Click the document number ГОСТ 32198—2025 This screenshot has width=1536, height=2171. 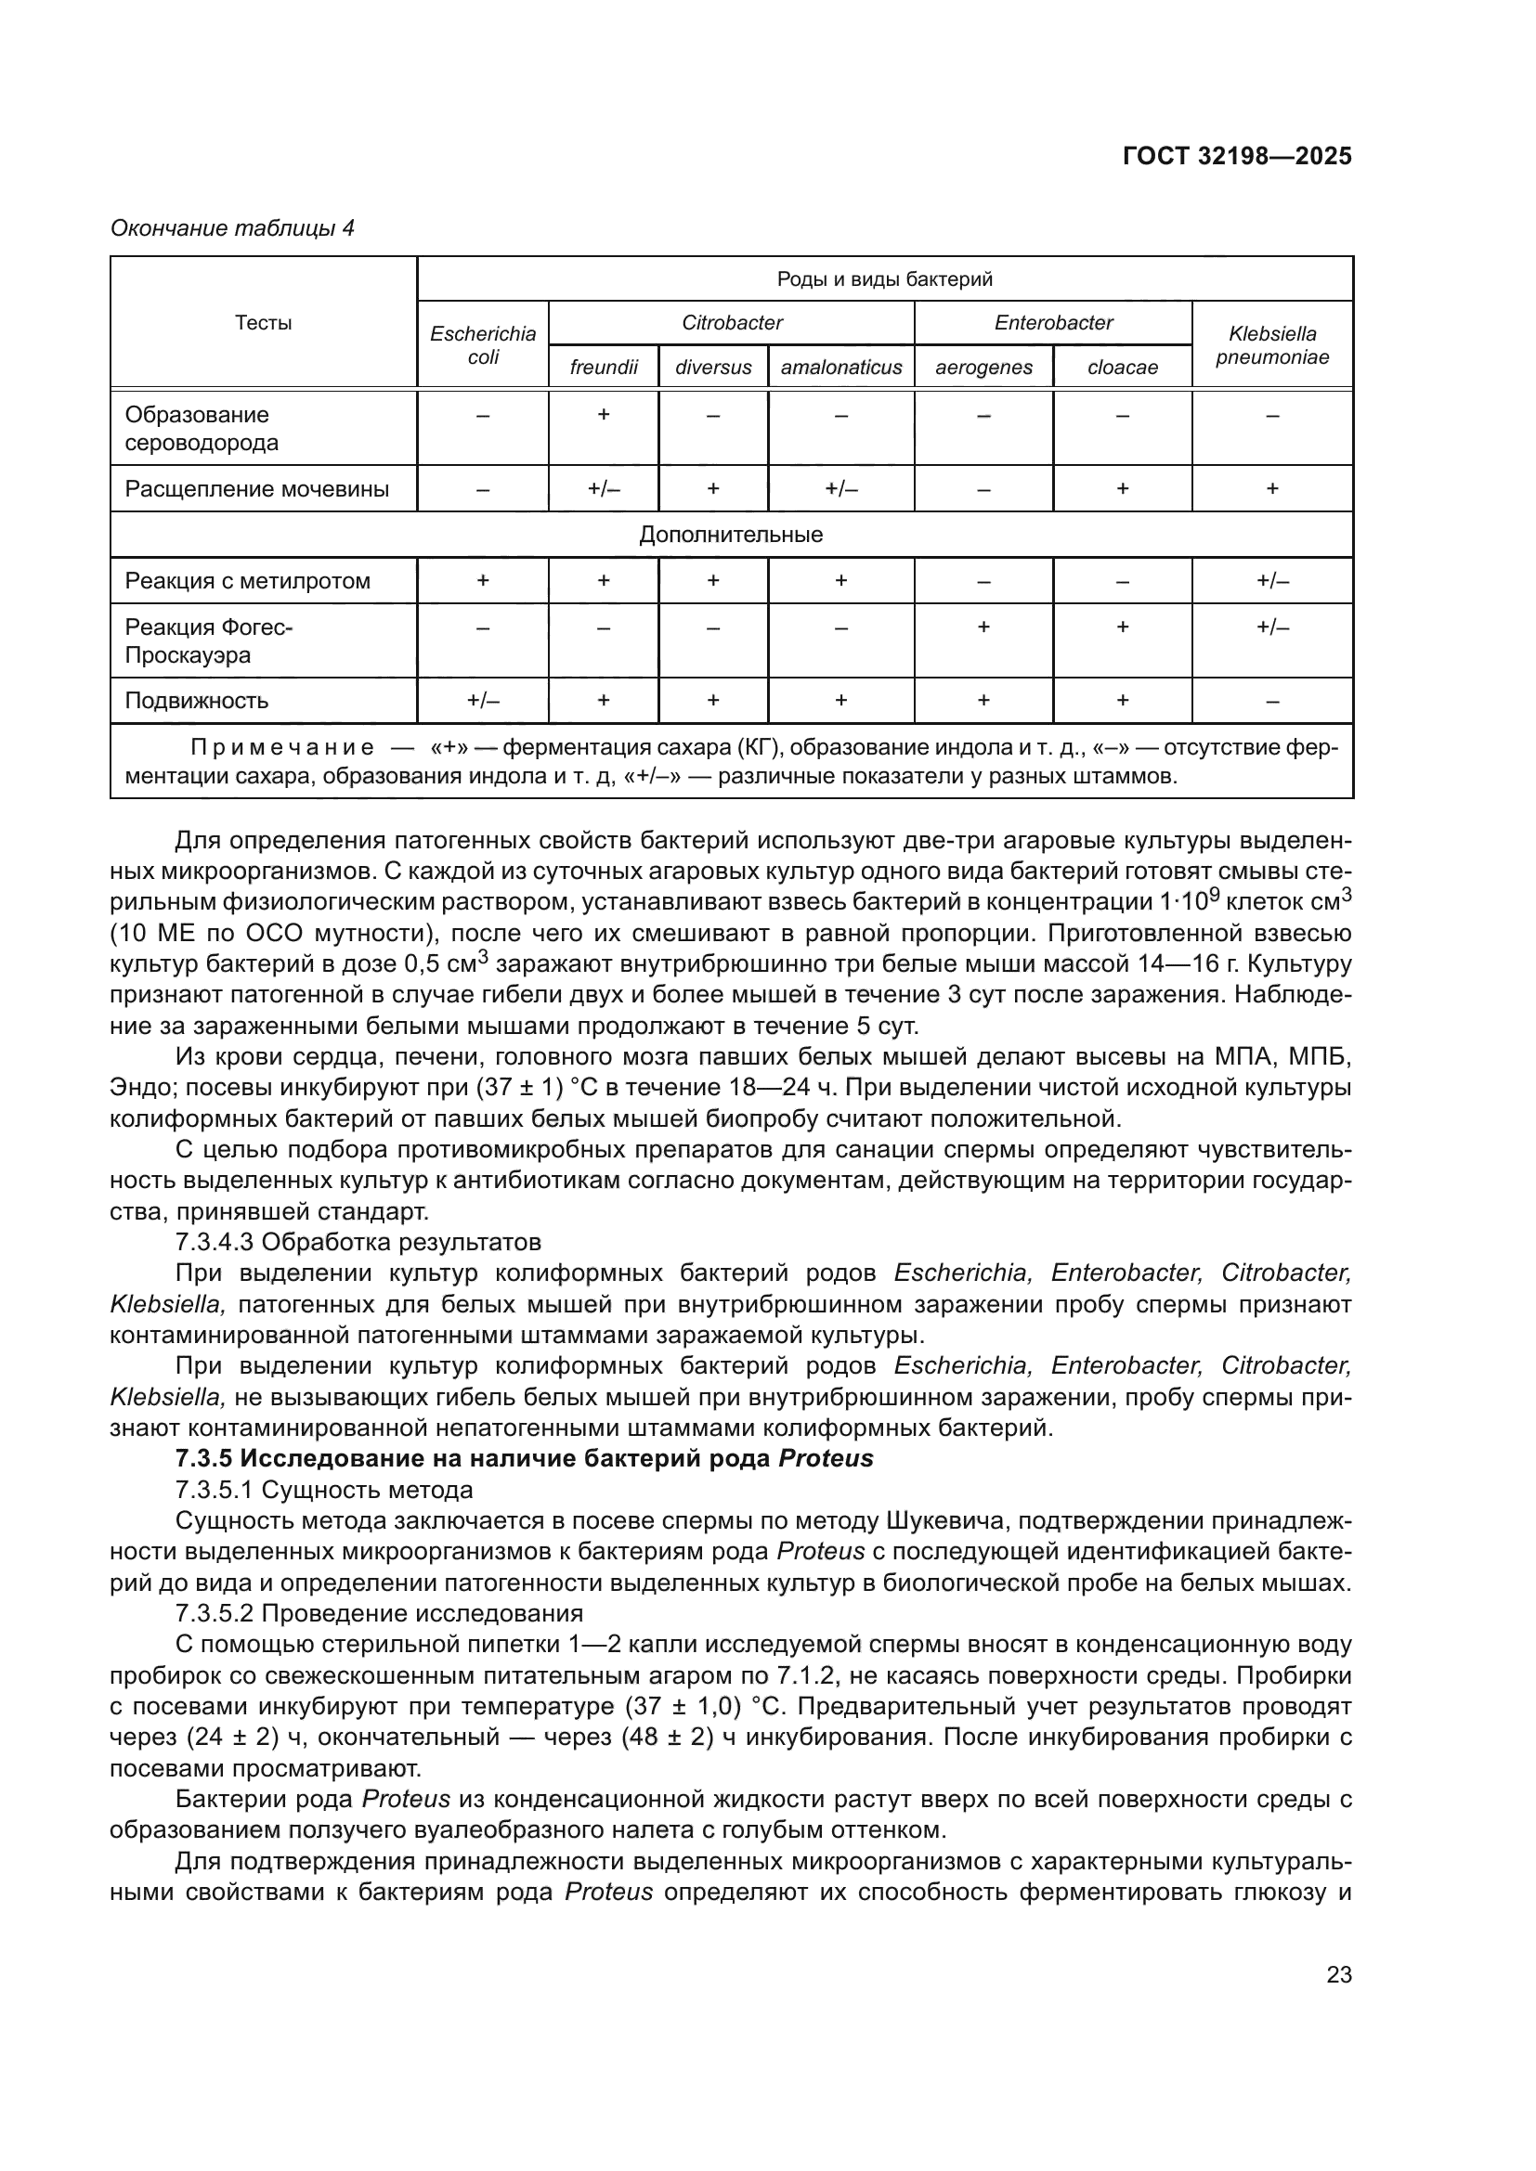click(x=1236, y=157)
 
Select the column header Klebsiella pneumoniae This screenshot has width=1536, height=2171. click(x=1271, y=345)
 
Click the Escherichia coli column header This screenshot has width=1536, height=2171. click(x=482, y=345)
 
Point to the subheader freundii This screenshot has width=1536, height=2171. click(x=604, y=367)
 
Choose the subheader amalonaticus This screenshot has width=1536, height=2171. click(x=840, y=367)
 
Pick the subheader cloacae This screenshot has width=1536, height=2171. click(x=1122, y=367)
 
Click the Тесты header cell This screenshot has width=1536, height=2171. click(x=263, y=322)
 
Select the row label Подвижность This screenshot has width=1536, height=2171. click(x=197, y=701)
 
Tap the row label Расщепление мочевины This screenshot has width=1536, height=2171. click(x=257, y=489)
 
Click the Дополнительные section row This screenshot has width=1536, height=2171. click(x=731, y=535)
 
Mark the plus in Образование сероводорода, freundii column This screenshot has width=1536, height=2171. click(x=604, y=414)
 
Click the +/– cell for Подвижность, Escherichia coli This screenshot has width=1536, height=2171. click(x=482, y=701)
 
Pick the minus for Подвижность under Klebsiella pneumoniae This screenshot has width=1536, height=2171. click(x=1271, y=701)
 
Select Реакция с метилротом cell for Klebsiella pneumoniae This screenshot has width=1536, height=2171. click(x=1271, y=580)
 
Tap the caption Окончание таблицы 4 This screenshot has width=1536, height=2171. click(x=232, y=228)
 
